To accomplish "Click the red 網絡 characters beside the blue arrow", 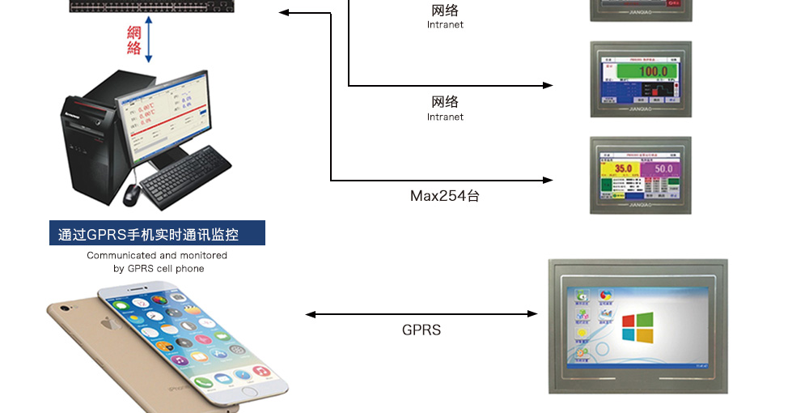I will (134, 40).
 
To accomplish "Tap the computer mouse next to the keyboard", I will (131, 194).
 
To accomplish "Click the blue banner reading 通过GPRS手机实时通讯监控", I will (157, 234).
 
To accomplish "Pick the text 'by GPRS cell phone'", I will (159, 268).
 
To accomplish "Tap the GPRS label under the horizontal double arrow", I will (421, 330).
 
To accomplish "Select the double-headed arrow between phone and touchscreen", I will (421, 314).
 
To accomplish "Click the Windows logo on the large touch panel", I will (637, 327).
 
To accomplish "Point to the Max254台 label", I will (444, 196).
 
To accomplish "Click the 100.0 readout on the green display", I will (654, 71).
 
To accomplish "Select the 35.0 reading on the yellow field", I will (623, 168).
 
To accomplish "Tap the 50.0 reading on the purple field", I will (663, 168).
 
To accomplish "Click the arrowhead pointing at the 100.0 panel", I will (549, 85).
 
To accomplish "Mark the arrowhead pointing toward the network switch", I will (283, 13).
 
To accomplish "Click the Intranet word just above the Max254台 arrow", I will (445, 117).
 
